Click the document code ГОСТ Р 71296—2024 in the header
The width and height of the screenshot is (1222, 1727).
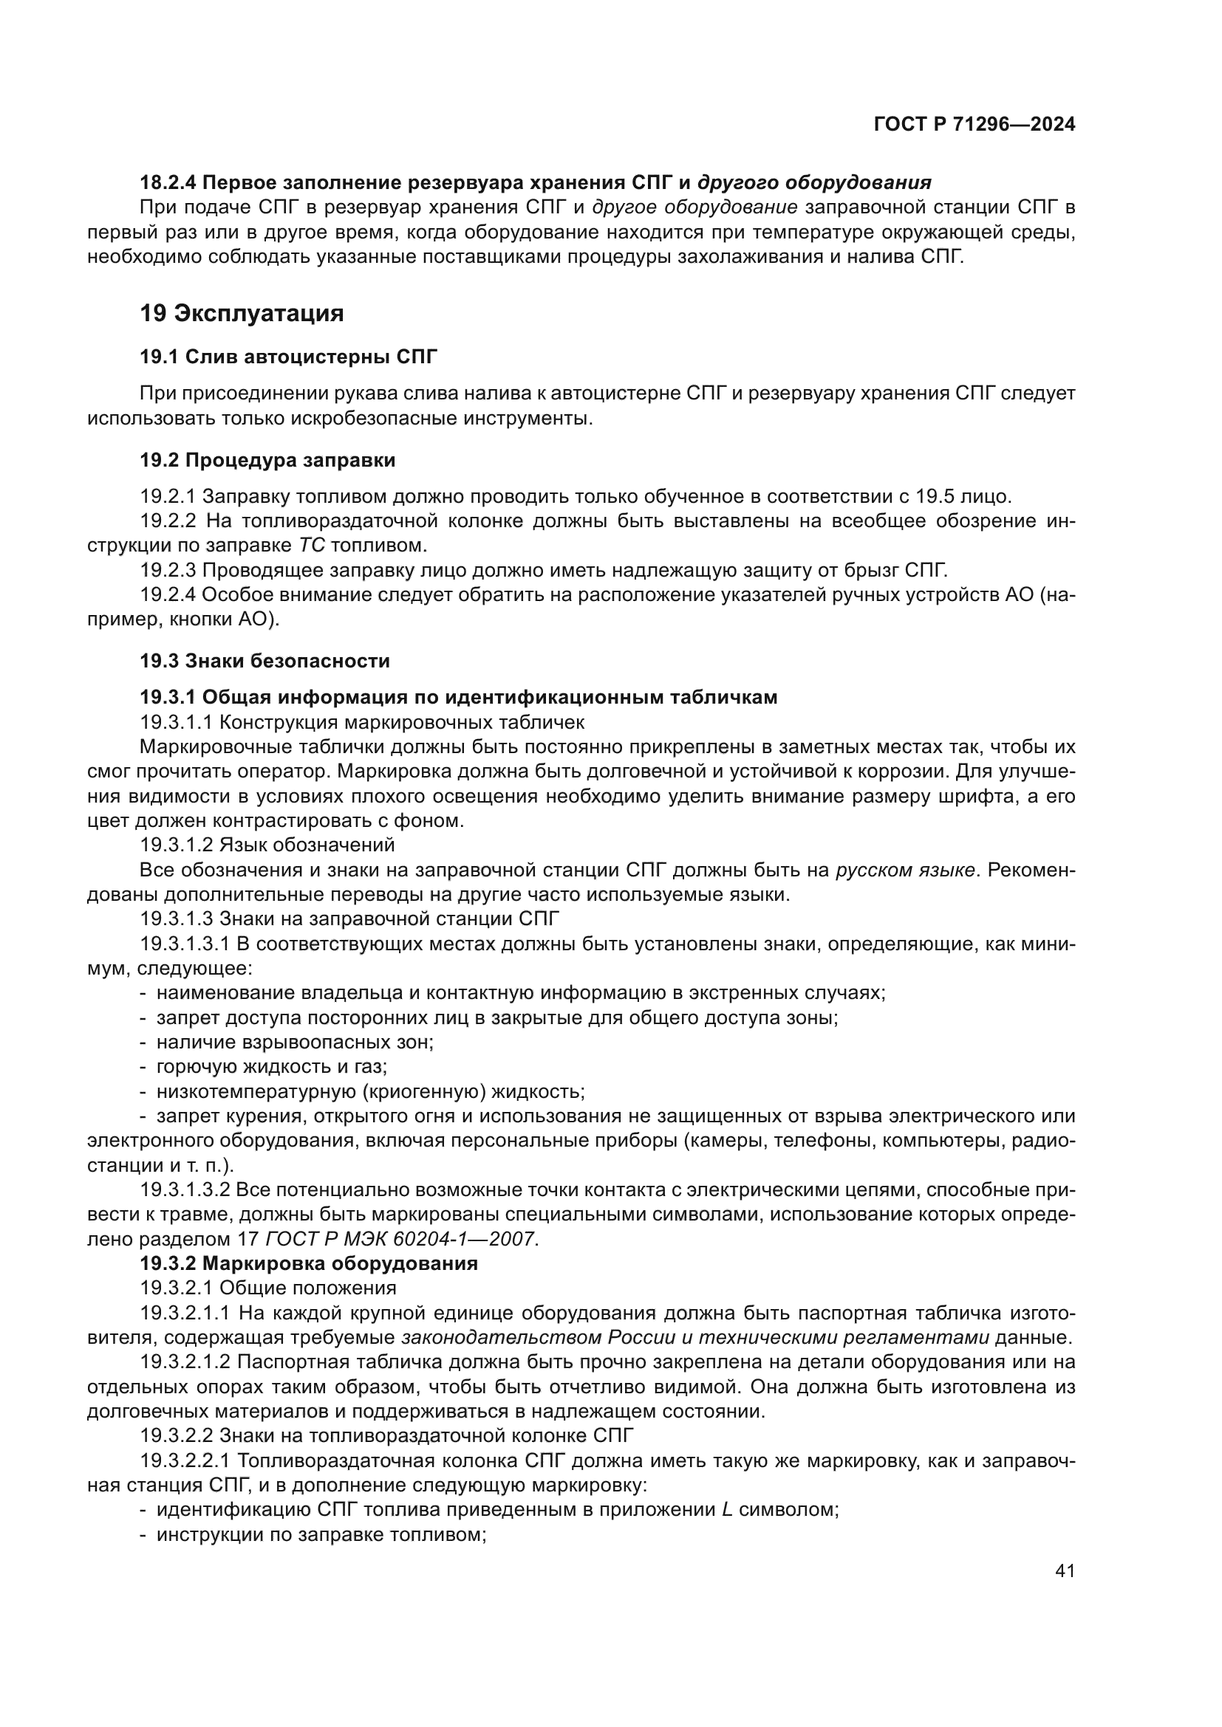974,125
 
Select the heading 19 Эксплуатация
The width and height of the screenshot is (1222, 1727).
242,313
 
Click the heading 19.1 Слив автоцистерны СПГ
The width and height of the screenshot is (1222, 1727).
288,357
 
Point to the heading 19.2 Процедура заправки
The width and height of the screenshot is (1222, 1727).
267,459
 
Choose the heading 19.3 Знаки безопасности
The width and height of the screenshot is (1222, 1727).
265,661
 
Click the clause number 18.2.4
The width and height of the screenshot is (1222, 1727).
168,183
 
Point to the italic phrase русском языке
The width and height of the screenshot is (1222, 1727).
905,871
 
